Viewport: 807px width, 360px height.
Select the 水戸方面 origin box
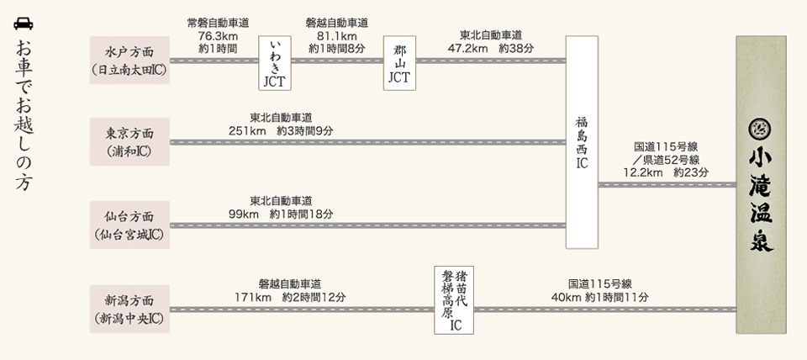coord(129,61)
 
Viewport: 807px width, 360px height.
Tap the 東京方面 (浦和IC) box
coord(129,142)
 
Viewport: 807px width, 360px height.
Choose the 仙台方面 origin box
coord(129,225)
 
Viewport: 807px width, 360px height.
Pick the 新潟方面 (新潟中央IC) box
coord(129,309)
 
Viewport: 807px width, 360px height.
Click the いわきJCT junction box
coord(275,61)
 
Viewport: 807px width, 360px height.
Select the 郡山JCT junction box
coord(399,61)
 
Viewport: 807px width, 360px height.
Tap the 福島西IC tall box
coord(582,142)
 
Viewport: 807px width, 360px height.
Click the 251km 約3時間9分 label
coord(280,130)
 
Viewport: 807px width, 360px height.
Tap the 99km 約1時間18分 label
coord(280,214)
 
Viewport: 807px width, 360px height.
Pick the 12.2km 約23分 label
coord(666,172)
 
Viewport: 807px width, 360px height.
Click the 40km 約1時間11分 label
coord(599,297)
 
